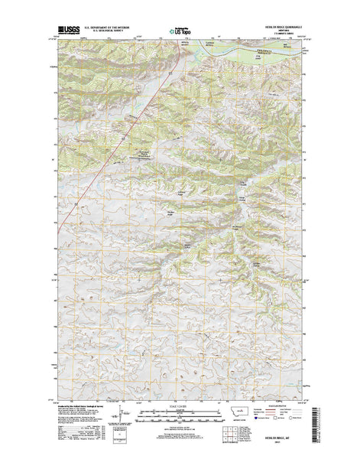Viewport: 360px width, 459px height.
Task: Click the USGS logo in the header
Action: click(67, 32)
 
